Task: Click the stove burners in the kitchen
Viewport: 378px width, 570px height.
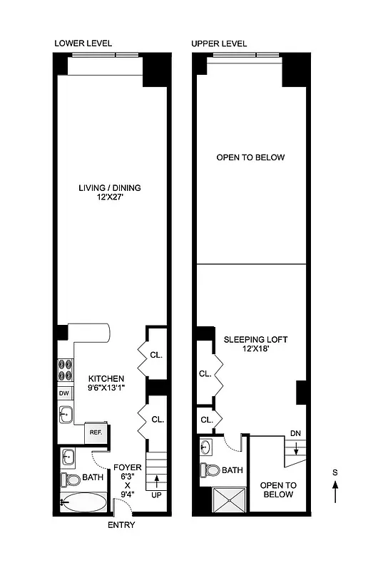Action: click(x=65, y=371)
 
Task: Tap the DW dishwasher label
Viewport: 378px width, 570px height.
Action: click(x=64, y=393)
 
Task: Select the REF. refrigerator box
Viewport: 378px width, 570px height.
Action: click(x=94, y=432)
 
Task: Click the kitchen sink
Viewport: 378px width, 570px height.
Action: click(x=65, y=413)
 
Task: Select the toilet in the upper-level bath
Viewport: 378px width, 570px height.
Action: click(x=208, y=470)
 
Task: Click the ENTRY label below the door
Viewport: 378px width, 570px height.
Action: click(x=121, y=525)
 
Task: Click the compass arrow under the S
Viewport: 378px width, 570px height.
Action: click(x=336, y=492)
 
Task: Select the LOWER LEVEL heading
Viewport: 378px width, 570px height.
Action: click(x=83, y=43)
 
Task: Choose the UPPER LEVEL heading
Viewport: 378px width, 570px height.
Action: click(x=219, y=43)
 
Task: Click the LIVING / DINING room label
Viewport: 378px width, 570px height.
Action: click(x=110, y=188)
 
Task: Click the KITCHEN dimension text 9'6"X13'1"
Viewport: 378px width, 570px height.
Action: click(x=107, y=388)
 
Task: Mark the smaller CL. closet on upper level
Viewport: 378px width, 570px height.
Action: click(x=206, y=420)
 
